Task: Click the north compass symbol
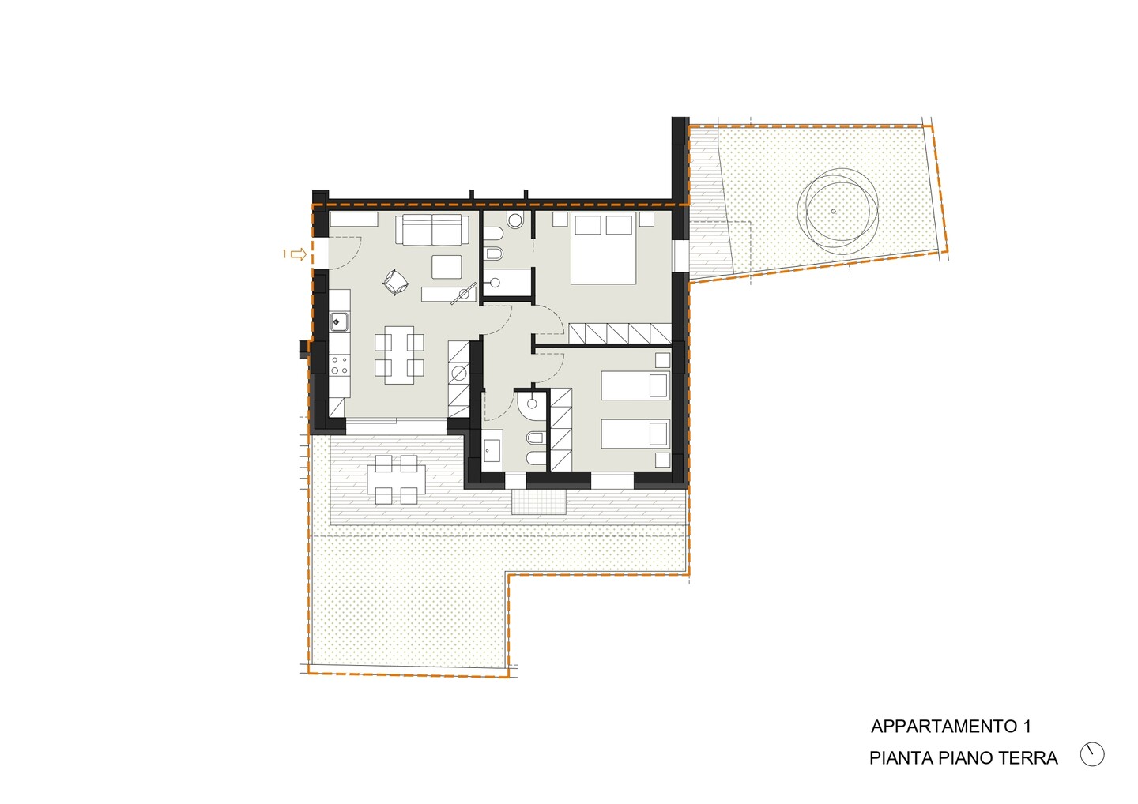click(1092, 754)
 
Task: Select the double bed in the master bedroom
click(604, 248)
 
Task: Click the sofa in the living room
click(432, 229)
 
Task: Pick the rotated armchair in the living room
click(396, 282)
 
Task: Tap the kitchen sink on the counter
click(339, 321)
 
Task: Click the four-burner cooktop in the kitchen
click(339, 365)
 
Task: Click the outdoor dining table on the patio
click(396, 479)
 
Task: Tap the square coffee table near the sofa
click(447, 267)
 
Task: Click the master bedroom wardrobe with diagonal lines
click(620, 333)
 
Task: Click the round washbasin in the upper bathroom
click(515, 220)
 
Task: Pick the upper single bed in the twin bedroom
click(635, 385)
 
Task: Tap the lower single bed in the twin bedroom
click(635, 434)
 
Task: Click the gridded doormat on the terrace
click(539, 502)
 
